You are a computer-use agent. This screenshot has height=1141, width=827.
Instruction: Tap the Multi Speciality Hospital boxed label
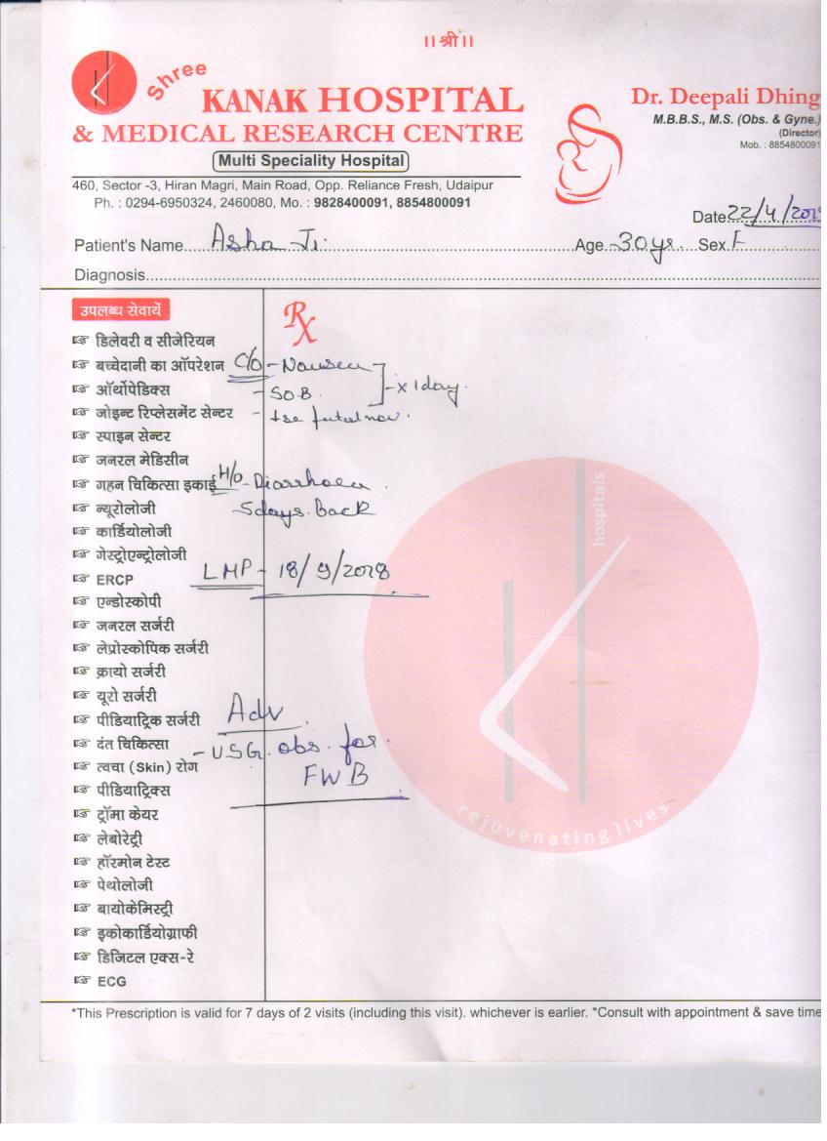(310, 161)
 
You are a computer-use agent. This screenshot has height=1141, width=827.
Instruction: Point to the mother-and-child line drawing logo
(587, 151)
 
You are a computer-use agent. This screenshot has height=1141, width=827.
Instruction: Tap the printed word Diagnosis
(109, 276)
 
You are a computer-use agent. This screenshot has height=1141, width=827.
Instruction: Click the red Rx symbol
(298, 321)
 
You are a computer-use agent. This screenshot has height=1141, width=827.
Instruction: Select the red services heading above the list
(121, 310)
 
